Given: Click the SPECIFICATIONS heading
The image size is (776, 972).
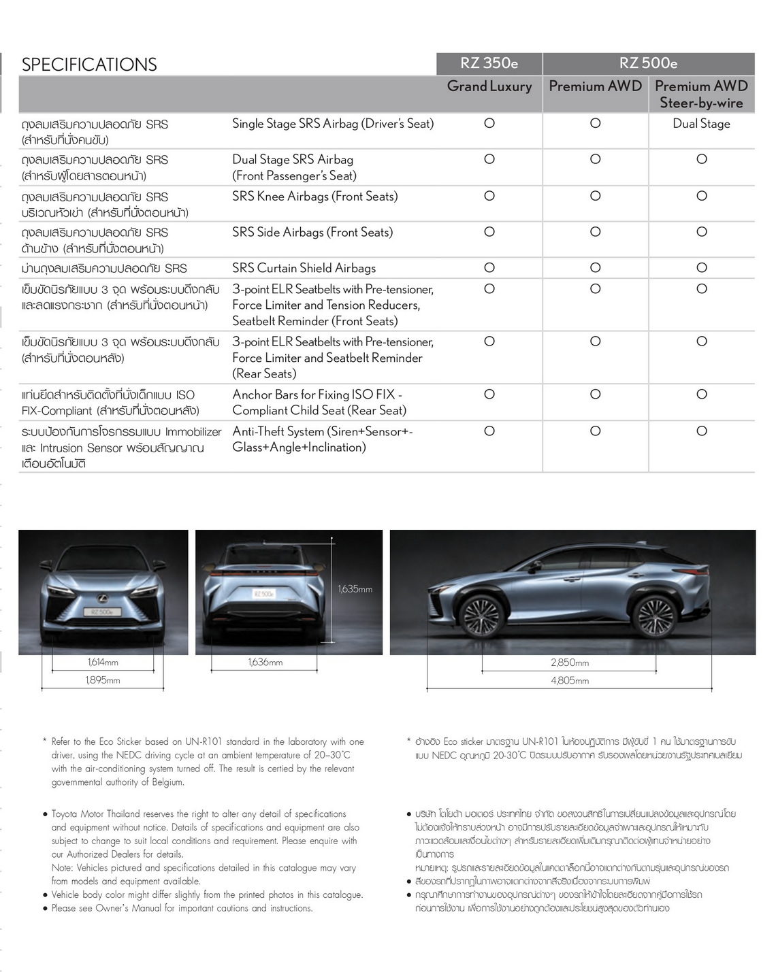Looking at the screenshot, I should (x=89, y=65).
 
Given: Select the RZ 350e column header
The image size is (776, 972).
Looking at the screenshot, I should (x=489, y=63).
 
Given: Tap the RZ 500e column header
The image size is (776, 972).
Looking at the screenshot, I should (x=648, y=63).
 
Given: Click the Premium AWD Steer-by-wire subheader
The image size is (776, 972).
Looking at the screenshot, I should (x=701, y=95).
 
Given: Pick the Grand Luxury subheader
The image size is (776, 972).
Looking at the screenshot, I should (x=489, y=86).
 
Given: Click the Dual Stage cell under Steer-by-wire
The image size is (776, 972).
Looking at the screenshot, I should (x=701, y=124).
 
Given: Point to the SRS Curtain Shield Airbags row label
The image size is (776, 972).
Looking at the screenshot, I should (x=304, y=268).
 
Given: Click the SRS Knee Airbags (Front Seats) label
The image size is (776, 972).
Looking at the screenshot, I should (x=314, y=197).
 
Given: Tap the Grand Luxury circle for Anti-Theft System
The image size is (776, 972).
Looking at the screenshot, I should (x=489, y=431).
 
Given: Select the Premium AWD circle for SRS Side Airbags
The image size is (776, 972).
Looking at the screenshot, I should (x=595, y=232).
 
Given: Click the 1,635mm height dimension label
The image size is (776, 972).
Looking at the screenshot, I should (x=355, y=589).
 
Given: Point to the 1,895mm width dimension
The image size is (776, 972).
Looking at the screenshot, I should (x=103, y=680).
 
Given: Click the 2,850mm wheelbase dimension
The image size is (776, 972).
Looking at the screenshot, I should (x=570, y=663).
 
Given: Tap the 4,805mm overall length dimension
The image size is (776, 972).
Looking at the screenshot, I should (x=570, y=680).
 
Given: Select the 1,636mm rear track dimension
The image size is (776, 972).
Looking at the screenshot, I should (x=265, y=663).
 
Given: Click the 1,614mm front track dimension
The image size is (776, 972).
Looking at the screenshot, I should (x=103, y=663).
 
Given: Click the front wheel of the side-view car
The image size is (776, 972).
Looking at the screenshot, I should (x=481, y=617).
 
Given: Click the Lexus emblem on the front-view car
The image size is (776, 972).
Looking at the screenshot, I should (x=103, y=599).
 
